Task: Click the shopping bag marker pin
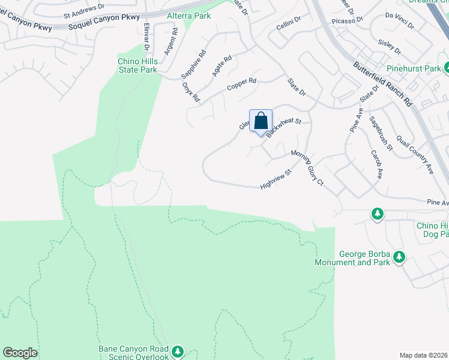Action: [261, 121]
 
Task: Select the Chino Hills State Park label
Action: [137, 65]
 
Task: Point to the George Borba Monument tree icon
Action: [399, 257]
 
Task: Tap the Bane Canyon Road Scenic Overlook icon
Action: [177, 351]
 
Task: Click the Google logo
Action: [20, 353]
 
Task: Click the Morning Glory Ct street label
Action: [307, 168]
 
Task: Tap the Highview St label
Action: [276, 179]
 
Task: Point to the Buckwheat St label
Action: [283, 128]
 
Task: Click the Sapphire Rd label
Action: [193, 65]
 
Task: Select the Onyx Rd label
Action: [190, 92]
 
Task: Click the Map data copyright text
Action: [424, 355]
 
